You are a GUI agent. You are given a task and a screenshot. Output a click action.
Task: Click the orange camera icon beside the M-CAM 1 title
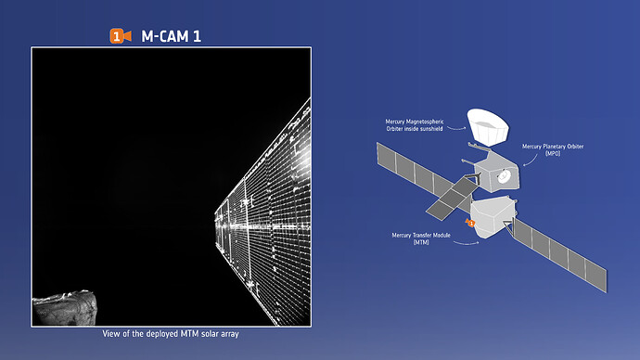[x=121, y=36]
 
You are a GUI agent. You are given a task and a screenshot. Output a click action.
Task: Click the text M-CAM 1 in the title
[x=171, y=36]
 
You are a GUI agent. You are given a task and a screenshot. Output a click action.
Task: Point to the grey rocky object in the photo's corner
[x=65, y=308]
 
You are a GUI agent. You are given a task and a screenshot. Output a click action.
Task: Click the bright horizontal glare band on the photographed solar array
[x=262, y=225]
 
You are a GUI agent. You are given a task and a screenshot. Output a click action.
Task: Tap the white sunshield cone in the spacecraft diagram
[x=488, y=126]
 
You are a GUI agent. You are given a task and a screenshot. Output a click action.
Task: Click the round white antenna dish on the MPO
[x=504, y=176]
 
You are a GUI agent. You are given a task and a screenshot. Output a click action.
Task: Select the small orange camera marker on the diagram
[x=470, y=223]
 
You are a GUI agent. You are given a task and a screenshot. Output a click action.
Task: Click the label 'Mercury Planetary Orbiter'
[x=553, y=146]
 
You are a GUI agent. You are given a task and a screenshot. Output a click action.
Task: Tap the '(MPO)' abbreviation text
[x=553, y=153]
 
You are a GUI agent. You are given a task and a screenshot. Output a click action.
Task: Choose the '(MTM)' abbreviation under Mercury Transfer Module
[x=421, y=242]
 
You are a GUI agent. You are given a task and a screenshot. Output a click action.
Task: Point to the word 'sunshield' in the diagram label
[x=430, y=129]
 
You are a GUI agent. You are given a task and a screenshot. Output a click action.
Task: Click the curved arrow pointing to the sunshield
[x=456, y=128]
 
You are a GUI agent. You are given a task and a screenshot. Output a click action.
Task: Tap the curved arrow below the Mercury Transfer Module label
[x=467, y=244]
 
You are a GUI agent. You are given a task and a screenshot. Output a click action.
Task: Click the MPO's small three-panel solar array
[x=452, y=198]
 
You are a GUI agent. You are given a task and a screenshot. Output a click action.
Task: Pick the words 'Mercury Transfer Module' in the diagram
[x=421, y=235]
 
